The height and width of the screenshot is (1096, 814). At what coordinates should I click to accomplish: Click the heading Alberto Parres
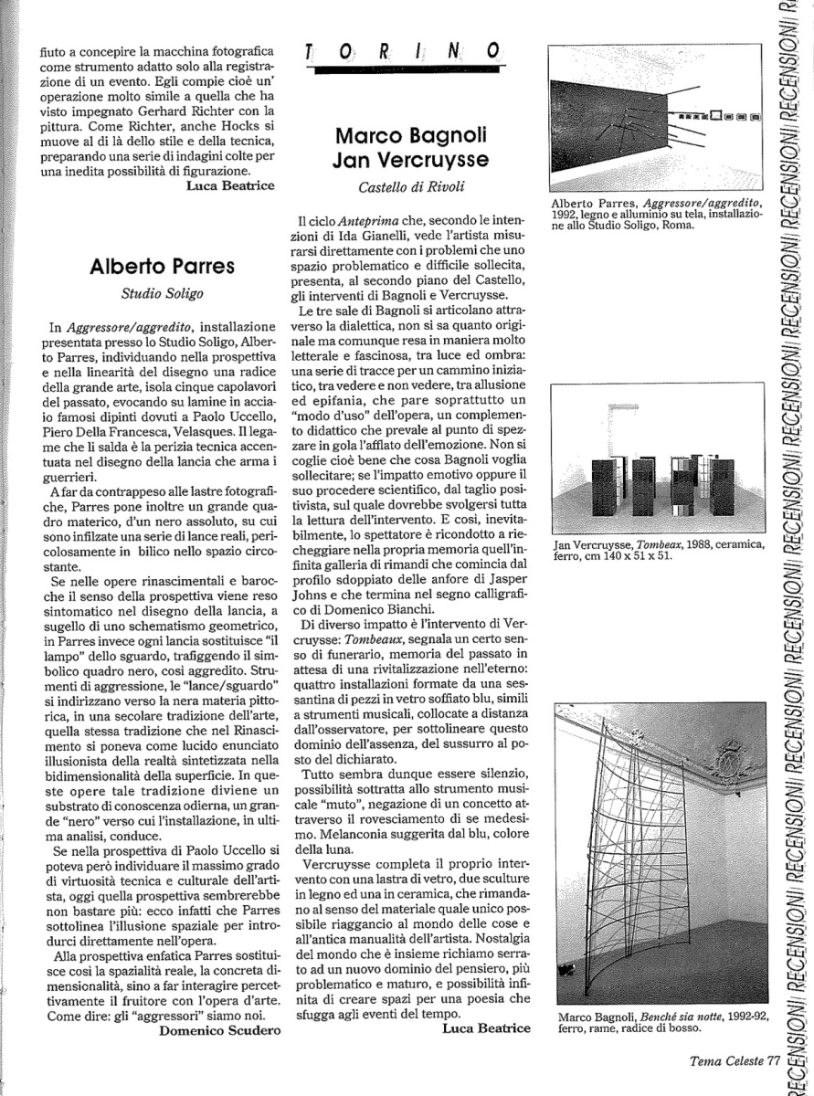click(163, 266)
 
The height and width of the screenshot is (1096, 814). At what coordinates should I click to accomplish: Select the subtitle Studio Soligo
click(163, 294)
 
